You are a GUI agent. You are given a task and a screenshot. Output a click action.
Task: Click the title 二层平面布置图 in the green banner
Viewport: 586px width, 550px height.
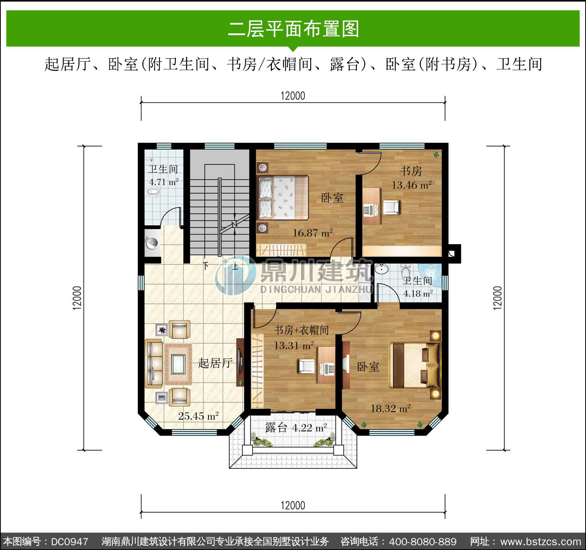[x=293, y=29]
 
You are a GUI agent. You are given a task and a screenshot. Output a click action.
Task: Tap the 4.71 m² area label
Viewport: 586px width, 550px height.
[x=164, y=182]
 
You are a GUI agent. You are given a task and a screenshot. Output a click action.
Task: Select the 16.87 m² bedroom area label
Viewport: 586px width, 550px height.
[x=313, y=233]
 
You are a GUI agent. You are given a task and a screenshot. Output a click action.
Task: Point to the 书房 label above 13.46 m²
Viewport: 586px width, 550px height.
[x=411, y=171]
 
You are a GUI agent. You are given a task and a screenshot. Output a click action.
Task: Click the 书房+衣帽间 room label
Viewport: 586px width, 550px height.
[x=302, y=330]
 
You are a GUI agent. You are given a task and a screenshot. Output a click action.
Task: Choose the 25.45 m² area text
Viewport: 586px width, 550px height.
[x=198, y=416]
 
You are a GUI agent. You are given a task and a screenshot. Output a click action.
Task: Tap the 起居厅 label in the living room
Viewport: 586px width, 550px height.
[x=215, y=363]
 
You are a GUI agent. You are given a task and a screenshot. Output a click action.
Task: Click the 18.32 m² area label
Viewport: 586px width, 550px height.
[x=390, y=408]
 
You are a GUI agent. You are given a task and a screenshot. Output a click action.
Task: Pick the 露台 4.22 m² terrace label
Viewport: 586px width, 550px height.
[x=296, y=427]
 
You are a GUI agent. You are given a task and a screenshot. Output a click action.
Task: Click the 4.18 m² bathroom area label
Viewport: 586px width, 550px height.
[x=418, y=293]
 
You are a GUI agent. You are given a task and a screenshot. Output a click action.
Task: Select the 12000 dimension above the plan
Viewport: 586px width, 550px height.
[x=293, y=96]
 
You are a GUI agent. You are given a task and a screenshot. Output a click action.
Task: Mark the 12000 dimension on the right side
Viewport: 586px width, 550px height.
[x=497, y=298]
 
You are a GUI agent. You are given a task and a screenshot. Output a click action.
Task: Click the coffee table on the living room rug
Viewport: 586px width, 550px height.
[x=178, y=364]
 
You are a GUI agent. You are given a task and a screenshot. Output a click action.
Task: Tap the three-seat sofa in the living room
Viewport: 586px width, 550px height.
[x=154, y=364]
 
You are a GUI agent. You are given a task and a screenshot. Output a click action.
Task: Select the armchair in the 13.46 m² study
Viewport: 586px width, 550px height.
[x=391, y=207]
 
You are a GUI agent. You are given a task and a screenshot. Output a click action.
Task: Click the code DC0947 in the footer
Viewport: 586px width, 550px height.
[x=70, y=542]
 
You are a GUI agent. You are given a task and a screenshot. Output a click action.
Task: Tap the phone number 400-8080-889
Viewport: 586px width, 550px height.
[x=423, y=542]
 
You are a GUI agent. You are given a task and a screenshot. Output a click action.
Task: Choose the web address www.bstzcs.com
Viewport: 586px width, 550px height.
[x=541, y=542]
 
